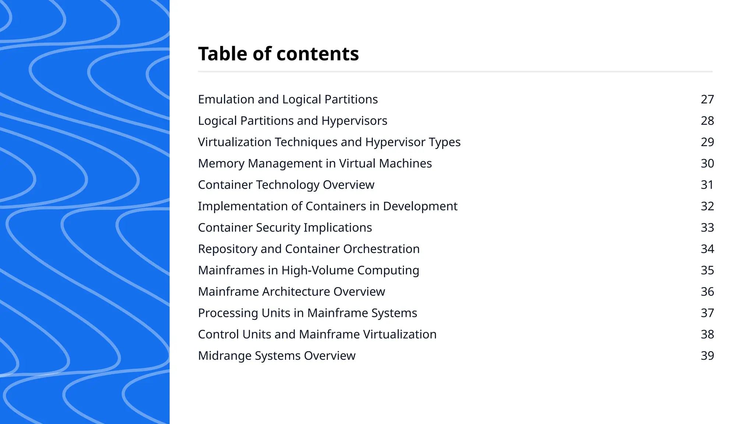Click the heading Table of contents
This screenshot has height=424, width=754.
point(278,54)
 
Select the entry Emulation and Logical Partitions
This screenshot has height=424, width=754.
point(288,99)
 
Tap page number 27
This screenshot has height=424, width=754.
point(707,99)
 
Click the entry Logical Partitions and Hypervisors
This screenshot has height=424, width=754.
point(292,121)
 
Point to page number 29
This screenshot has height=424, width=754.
point(707,142)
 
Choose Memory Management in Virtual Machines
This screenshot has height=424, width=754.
point(315,163)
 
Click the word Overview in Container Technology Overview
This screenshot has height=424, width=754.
point(348,185)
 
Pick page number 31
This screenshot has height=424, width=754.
point(707,185)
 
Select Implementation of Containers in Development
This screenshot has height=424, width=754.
point(328,206)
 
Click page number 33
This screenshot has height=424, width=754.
point(707,227)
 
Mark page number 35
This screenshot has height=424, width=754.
point(707,270)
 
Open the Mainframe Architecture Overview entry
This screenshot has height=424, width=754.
point(291,291)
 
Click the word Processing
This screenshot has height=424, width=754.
point(228,313)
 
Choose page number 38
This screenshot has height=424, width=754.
point(707,334)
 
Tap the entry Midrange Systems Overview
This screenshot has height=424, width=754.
point(276,356)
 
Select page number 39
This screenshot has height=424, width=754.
point(707,356)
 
